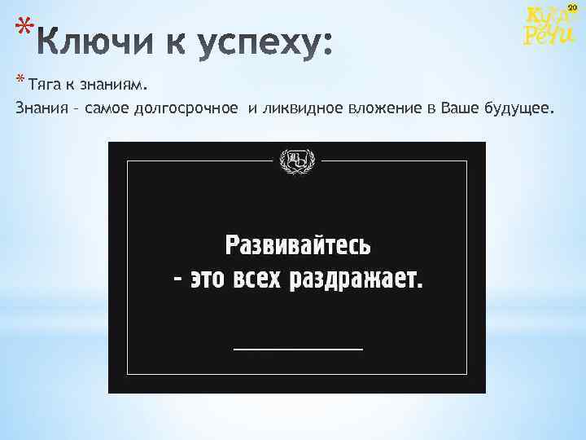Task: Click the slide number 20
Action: pyautogui.click(x=571, y=7)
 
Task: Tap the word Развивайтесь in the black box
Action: pyautogui.click(x=298, y=244)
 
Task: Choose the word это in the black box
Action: pyautogui.click(x=208, y=279)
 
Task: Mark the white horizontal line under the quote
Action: pyautogui.click(x=298, y=348)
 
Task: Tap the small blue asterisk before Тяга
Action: pyautogui.click(x=20, y=80)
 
